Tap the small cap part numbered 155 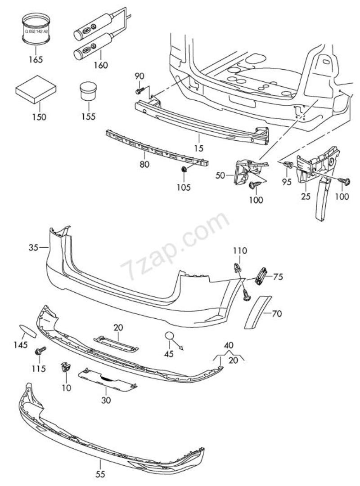pyautogui.click(x=89, y=91)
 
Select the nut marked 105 pyautogui.click(x=184, y=170)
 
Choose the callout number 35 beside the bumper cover pyautogui.click(x=33, y=247)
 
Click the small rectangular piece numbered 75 pyautogui.click(x=261, y=275)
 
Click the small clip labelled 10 pyautogui.click(x=65, y=367)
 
